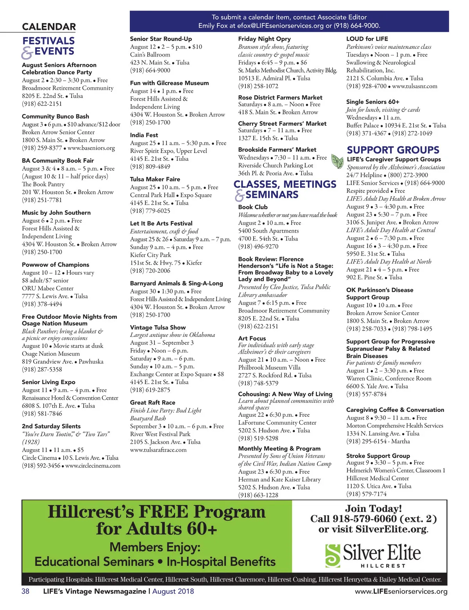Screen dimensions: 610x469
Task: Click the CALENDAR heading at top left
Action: (x=49, y=27)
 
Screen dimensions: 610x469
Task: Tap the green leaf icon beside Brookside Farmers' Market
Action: (x=337, y=161)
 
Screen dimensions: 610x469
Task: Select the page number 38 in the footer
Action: (x=25, y=591)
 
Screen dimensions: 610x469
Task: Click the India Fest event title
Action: (x=144, y=135)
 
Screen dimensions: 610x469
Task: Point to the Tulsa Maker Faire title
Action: (x=155, y=179)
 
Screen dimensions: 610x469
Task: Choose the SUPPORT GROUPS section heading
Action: (x=393, y=150)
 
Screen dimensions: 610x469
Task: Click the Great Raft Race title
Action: (x=152, y=402)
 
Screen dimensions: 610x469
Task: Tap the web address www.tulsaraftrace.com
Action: (x=158, y=450)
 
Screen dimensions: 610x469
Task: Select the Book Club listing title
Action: (x=253, y=207)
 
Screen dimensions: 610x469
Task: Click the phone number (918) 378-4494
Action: (x=42, y=304)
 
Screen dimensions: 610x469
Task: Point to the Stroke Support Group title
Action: (x=378, y=455)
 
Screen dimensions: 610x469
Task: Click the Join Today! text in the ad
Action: (x=373, y=509)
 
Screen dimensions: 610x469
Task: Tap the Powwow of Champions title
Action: (x=55, y=265)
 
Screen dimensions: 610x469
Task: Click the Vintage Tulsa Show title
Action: (x=158, y=327)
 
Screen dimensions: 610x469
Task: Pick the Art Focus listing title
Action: (x=252, y=338)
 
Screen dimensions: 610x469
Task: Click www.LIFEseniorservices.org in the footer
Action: (x=401, y=591)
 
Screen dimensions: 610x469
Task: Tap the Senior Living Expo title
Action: (x=48, y=382)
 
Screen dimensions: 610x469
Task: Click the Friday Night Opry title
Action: (x=264, y=39)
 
